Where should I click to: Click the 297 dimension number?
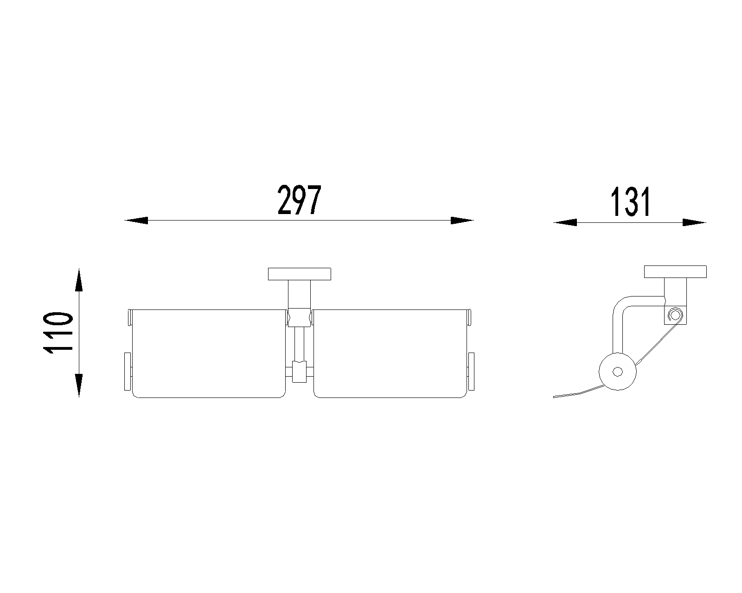click(299, 200)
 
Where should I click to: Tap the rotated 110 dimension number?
click(58, 333)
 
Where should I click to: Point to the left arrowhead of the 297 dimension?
click(136, 220)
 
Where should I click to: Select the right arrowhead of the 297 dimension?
click(462, 220)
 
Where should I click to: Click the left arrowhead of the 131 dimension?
click(565, 222)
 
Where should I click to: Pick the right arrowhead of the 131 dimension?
click(694, 222)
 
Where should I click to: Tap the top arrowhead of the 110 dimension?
click(79, 280)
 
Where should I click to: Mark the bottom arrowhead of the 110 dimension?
click(79, 385)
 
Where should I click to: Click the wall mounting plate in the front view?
click(299, 274)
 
